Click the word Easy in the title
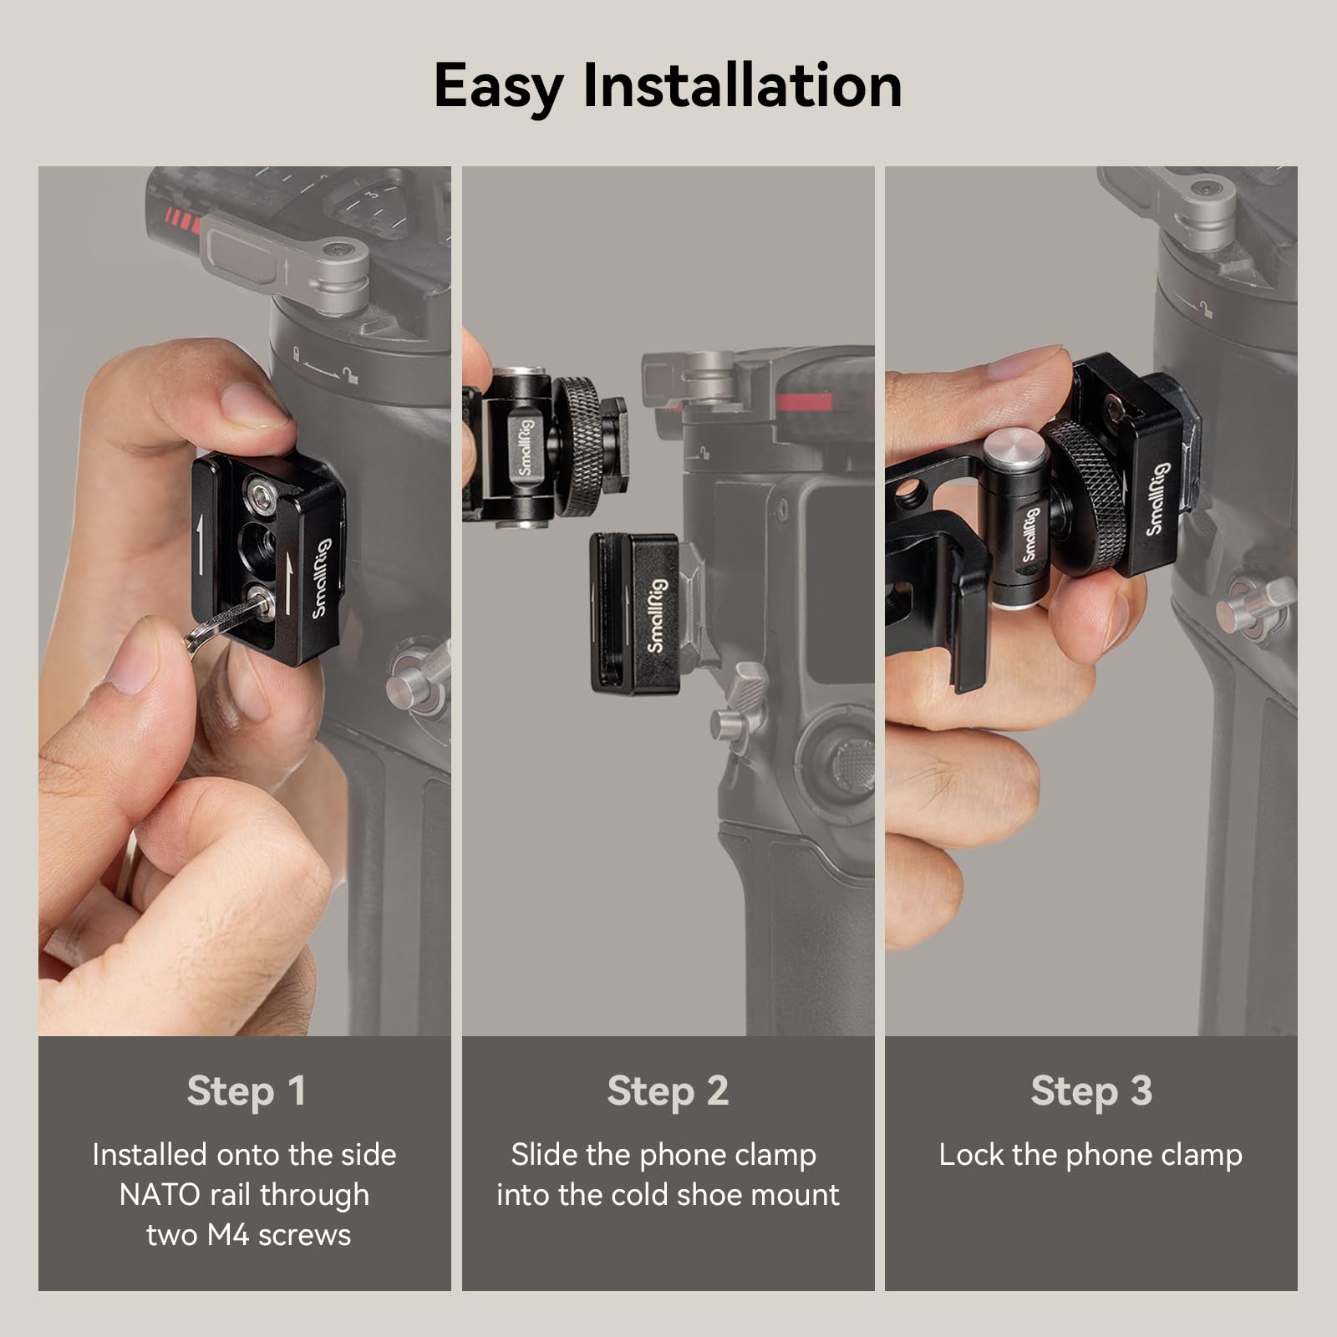[x=499, y=86]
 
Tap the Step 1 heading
[x=247, y=1091]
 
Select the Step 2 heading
[x=668, y=1091]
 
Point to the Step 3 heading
[x=1091, y=1091]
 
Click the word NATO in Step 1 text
[x=160, y=1195]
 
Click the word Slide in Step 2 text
[x=543, y=1155]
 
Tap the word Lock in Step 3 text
[x=970, y=1155]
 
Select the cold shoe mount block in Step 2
[x=639, y=613]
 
